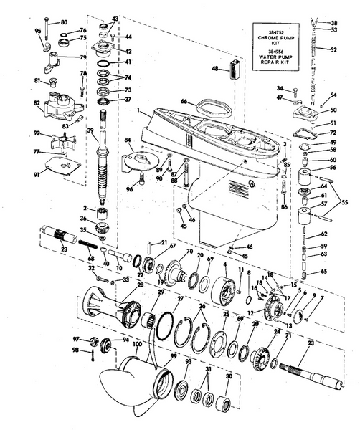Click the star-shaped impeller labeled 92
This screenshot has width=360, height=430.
[58, 140]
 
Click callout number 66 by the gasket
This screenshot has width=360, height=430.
[183, 102]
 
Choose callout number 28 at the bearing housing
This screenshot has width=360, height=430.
[141, 285]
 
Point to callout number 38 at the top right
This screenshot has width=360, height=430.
[333, 23]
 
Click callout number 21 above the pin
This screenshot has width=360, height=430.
[164, 243]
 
